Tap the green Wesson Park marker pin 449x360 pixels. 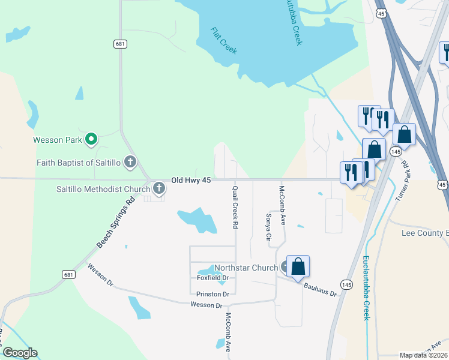pos(91,140)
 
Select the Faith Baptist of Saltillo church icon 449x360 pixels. pos(130,162)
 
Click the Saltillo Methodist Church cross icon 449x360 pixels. pos(159,189)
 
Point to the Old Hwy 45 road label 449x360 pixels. pos(191,179)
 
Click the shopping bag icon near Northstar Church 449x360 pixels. pos(298,267)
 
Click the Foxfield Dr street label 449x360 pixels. pos(213,278)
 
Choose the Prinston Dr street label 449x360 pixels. pos(213,294)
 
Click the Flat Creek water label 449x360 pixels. pos(224,41)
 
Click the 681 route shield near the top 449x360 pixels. pos(120,44)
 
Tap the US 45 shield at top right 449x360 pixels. pos(381,13)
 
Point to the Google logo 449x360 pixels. pos(19,353)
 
